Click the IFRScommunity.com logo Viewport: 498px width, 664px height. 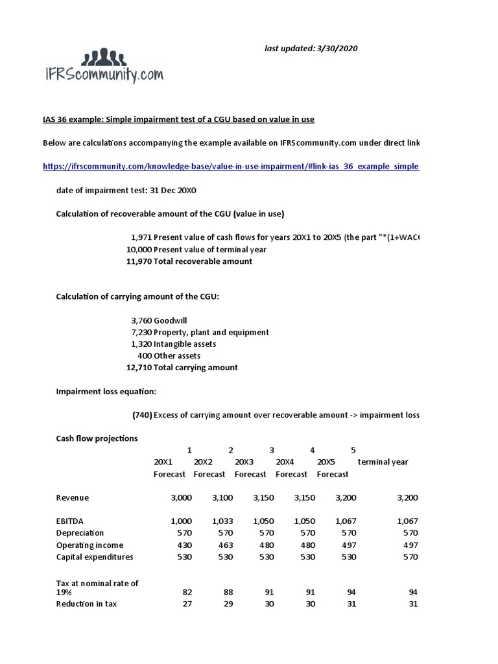coord(103,67)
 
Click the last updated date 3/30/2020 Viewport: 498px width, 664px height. coord(311,49)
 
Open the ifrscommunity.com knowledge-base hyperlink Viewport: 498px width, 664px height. coord(231,166)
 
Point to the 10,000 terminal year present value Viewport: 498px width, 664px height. coord(139,250)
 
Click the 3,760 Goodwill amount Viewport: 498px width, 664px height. coord(141,320)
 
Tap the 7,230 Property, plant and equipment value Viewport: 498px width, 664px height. coord(141,332)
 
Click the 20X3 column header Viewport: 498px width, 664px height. coord(244,462)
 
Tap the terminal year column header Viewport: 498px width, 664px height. coord(383,462)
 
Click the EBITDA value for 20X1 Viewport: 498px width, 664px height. coord(181,521)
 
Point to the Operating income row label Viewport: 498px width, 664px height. coord(89,545)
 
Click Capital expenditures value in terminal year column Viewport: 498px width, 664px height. coord(409,556)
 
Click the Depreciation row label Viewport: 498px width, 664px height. coord(80,533)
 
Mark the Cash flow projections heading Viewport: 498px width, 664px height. coord(97,438)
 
